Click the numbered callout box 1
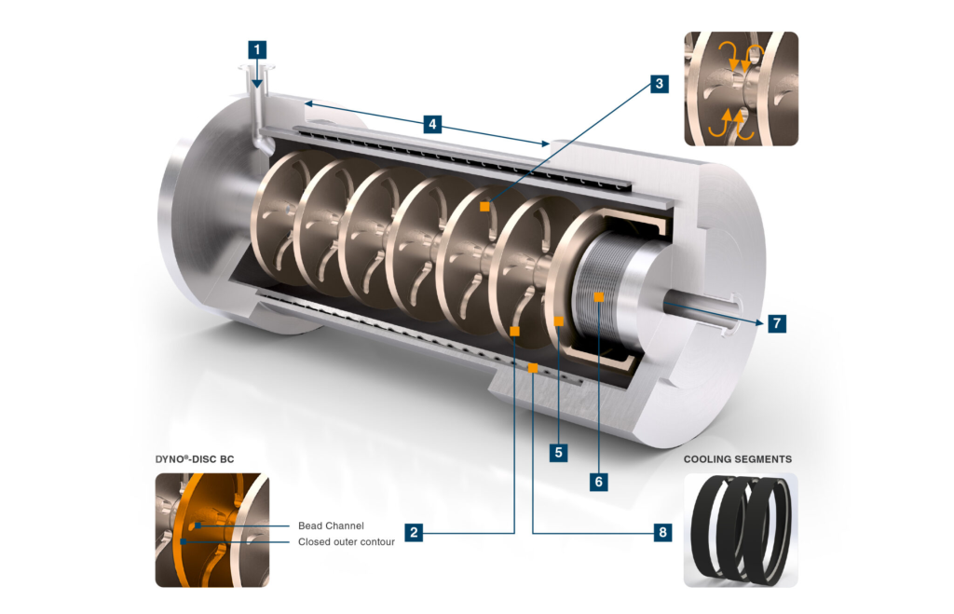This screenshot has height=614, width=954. pos(257,50)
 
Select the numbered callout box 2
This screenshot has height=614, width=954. pos(414,532)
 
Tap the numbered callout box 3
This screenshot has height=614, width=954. pos(660,83)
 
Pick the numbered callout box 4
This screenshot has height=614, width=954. pos(432,124)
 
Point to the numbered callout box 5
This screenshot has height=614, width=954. pos(559,453)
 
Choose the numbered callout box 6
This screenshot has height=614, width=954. pos(599,482)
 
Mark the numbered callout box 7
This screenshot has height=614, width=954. pos(777,323)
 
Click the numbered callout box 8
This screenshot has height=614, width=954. pos(663,532)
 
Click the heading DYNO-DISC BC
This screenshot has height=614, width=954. pos(195,459)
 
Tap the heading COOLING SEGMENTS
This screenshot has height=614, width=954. pos(738,459)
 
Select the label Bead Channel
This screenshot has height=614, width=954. pos(331,525)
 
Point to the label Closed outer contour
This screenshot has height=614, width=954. pos(347,541)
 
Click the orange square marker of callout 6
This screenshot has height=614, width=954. pos(599,297)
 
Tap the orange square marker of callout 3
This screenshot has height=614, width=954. pos(484,206)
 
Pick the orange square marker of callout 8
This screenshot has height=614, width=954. pos(532,368)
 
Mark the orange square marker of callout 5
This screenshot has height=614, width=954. pos(559,321)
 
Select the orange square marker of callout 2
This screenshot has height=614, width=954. pos(514,331)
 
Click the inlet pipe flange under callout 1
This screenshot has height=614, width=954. pos(257,68)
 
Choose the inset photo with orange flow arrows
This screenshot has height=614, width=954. pos(741,89)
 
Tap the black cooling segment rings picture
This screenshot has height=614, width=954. pos(741,530)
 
